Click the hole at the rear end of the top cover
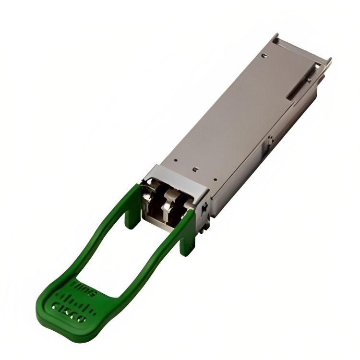[x=264, y=56]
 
